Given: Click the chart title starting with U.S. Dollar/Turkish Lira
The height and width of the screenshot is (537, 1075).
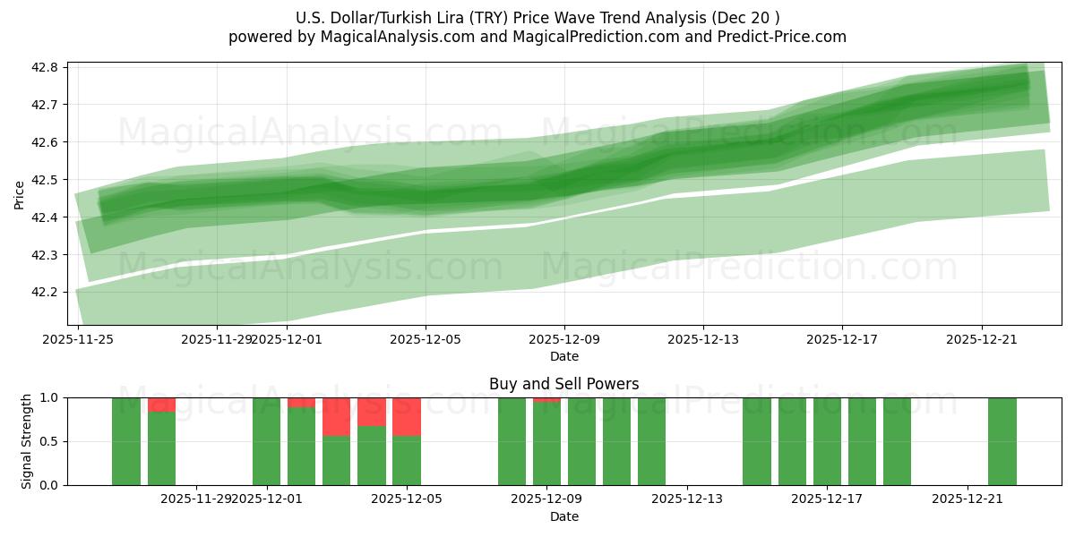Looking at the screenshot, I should pyautogui.click(x=537, y=18).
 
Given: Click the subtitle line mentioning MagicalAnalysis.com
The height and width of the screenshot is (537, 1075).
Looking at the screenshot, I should pyautogui.click(x=537, y=37).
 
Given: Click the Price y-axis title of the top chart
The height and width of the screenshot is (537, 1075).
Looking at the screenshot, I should pyautogui.click(x=19, y=194).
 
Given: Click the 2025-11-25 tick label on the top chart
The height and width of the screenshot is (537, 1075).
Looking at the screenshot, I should pyautogui.click(x=78, y=339).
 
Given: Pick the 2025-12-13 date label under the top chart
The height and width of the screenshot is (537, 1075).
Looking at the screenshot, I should pyautogui.click(x=703, y=339).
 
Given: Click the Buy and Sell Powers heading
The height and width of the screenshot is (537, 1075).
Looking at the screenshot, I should pyautogui.click(x=563, y=384).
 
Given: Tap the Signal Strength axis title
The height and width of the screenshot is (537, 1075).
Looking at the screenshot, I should pyautogui.click(x=27, y=441).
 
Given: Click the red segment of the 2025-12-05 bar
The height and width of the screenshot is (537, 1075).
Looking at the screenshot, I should pyautogui.click(x=407, y=416).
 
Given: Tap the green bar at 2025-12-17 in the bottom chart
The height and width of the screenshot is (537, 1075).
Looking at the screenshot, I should pyautogui.click(x=827, y=441).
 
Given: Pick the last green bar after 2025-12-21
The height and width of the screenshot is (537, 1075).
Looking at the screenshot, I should pyautogui.click(x=1002, y=441).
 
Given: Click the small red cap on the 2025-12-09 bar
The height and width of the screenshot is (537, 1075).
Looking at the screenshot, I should pyautogui.click(x=546, y=399).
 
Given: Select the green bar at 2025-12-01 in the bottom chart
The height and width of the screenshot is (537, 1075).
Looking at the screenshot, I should pyautogui.click(x=266, y=441).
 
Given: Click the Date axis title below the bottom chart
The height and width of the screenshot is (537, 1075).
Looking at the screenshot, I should pyautogui.click(x=563, y=516).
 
